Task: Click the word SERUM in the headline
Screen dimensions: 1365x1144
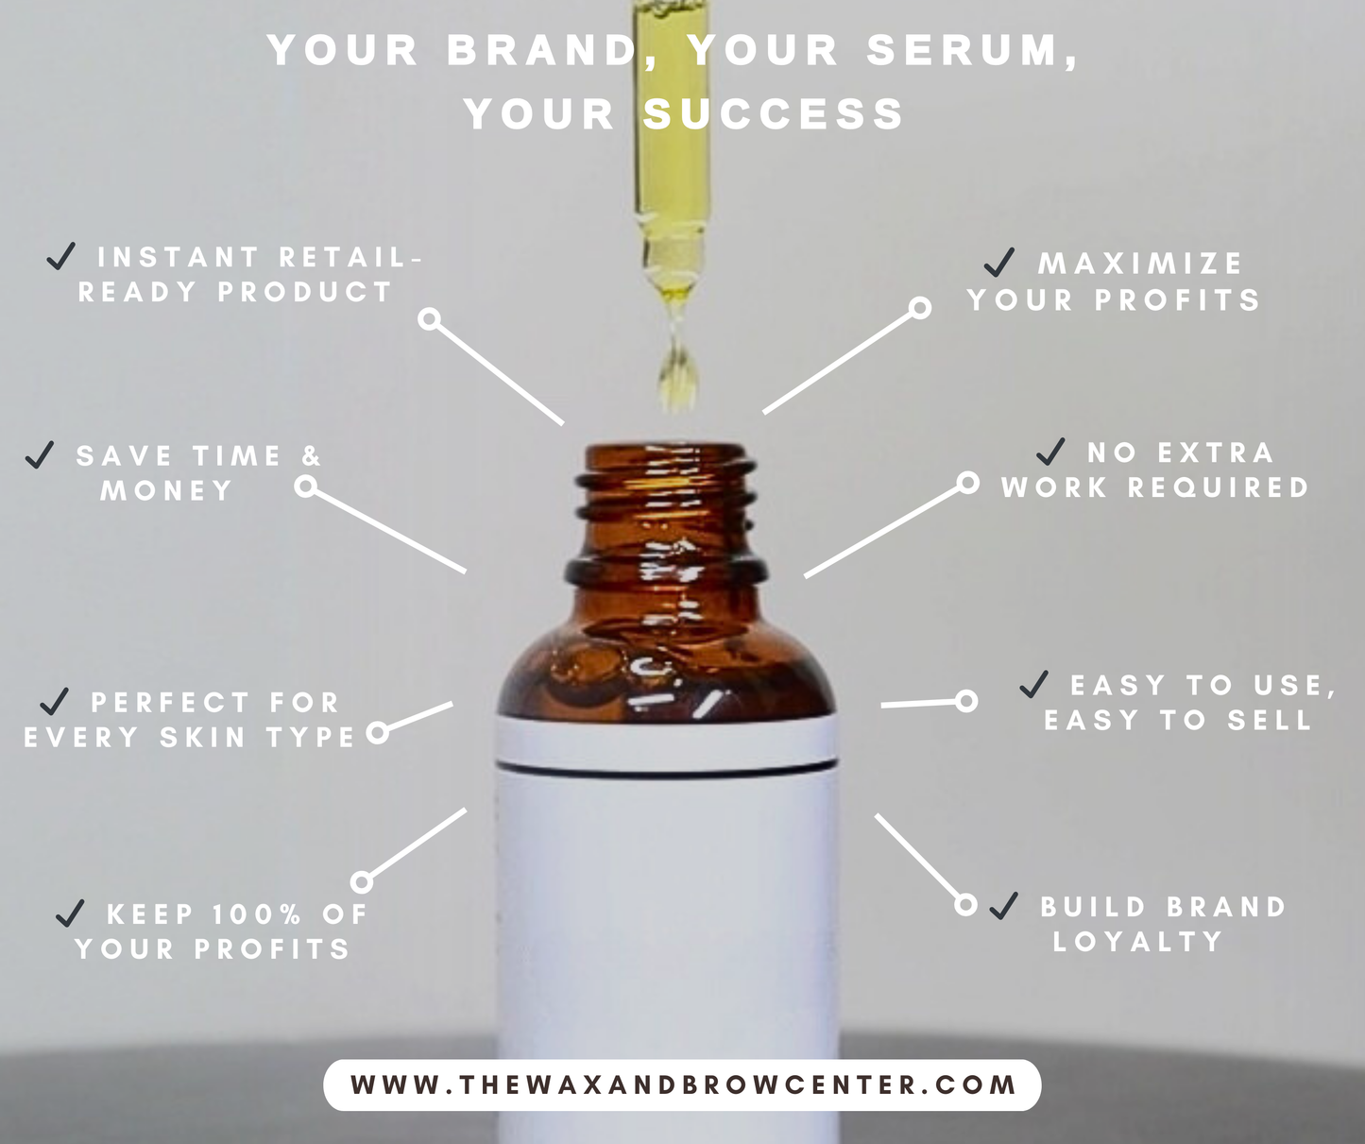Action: [x=964, y=50]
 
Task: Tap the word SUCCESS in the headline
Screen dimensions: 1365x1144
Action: [x=774, y=113]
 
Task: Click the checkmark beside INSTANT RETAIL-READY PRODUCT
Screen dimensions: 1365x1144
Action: [x=61, y=256]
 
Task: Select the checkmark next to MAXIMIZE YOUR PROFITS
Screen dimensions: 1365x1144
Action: [x=998, y=262]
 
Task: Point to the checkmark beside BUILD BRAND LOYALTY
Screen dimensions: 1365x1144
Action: [x=1003, y=906]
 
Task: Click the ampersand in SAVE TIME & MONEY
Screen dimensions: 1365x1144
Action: [x=312, y=455]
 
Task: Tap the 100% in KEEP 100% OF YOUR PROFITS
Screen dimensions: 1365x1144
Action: [x=258, y=913]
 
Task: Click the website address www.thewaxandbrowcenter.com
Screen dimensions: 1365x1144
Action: [x=683, y=1084]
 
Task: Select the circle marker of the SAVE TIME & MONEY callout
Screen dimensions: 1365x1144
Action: [x=305, y=487]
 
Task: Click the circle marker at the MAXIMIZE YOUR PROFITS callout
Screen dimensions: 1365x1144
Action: [x=920, y=308]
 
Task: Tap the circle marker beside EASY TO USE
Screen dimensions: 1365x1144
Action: [x=966, y=702]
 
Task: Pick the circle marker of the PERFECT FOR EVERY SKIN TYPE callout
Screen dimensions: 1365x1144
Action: [x=377, y=733]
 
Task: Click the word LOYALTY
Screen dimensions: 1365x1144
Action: [x=1137, y=942]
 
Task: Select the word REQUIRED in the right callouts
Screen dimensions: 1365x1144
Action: [x=1219, y=487]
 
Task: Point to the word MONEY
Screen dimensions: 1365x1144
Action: [x=166, y=491]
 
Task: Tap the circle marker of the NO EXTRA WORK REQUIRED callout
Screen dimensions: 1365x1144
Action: [x=967, y=483]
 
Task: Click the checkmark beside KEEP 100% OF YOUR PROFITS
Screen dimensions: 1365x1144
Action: [x=70, y=913]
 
